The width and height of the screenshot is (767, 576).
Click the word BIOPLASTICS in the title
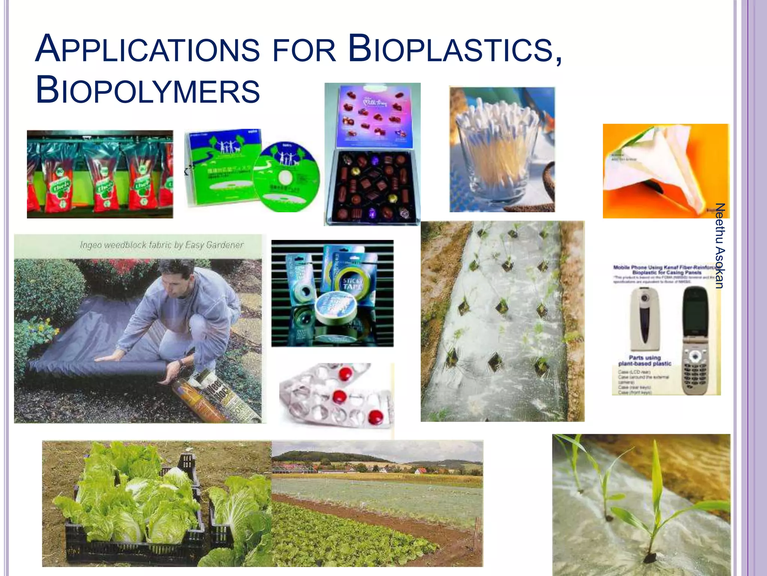tap(455, 49)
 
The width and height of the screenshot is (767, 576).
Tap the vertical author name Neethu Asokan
tap(719, 246)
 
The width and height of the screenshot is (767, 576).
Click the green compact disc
tap(287, 176)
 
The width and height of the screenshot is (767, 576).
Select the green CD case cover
tap(221, 167)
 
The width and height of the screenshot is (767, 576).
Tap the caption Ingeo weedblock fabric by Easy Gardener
tap(161, 245)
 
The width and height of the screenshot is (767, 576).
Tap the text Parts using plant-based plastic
tap(645, 360)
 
